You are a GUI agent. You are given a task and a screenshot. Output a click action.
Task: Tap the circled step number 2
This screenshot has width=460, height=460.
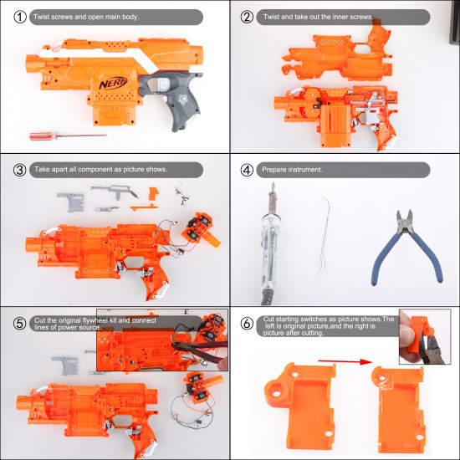[247, 16]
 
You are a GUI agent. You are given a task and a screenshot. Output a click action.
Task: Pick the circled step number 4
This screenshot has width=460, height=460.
[247, 168]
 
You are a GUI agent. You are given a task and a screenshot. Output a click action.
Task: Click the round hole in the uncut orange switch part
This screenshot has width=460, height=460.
[276, 390]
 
